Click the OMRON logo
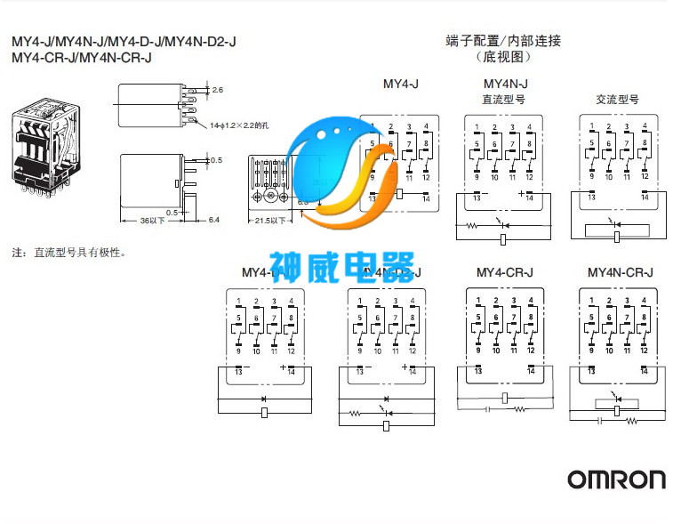[x=617, y=479]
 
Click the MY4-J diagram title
[x=400, y=84]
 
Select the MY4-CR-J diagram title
[x=504, y=272]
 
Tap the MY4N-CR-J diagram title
[x=621, y=272]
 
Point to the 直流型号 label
[x=503, y=100]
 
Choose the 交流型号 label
[x=617, y=100]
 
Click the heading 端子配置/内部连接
[x=503, y=41]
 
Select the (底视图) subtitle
[x=503, y=57]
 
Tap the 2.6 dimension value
[x=218, y=90]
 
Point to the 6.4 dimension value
[x=213, y=220]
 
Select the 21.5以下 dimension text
[x=269, y=220]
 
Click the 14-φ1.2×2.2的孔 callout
[x=239, y=126]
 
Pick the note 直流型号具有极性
[x=69, y=252]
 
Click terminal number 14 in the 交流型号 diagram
[x=645, y=197]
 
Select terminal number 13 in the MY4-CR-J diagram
[x=478, y=372]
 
